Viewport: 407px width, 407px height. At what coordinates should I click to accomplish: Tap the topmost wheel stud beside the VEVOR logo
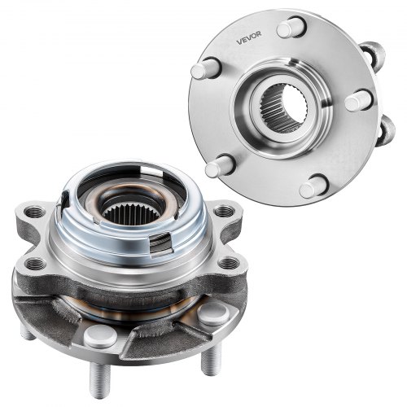[x=291, y=27]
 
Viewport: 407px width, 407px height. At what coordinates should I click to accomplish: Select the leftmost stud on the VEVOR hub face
[x=204, y=68]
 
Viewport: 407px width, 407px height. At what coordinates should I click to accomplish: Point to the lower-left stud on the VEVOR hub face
[x=220, y=165]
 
